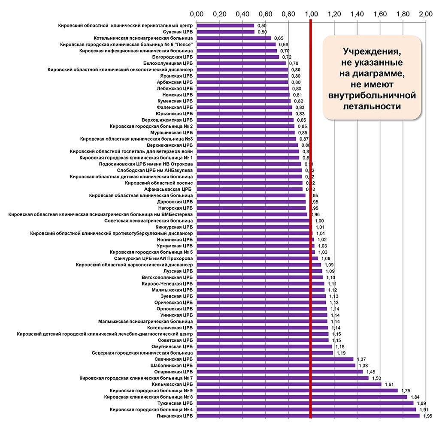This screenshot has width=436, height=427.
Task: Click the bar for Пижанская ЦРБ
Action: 308,415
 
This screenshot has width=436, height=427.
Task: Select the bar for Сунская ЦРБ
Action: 225,32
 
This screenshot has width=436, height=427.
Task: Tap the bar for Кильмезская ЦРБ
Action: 289,384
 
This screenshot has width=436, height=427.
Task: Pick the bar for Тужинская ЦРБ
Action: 305,403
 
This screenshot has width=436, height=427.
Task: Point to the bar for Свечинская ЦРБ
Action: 275,359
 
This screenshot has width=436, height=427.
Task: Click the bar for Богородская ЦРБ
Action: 238,57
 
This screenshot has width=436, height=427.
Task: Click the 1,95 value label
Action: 427,416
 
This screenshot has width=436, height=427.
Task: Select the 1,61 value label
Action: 389,384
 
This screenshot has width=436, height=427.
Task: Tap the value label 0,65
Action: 279,38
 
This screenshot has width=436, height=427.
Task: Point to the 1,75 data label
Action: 406,391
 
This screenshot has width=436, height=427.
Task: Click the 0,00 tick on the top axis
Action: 197,14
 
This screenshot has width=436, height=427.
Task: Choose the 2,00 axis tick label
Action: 425,14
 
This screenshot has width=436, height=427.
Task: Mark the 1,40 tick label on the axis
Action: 357,14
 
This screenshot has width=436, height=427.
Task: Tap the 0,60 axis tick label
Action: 265,14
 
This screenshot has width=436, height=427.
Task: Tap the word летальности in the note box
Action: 371,105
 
